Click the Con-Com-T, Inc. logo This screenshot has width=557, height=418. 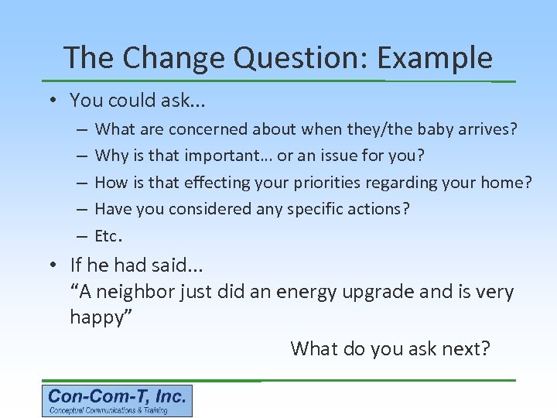coord(117,401)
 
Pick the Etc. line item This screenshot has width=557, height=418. coord(108,235)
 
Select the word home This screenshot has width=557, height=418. coord(506,183)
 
